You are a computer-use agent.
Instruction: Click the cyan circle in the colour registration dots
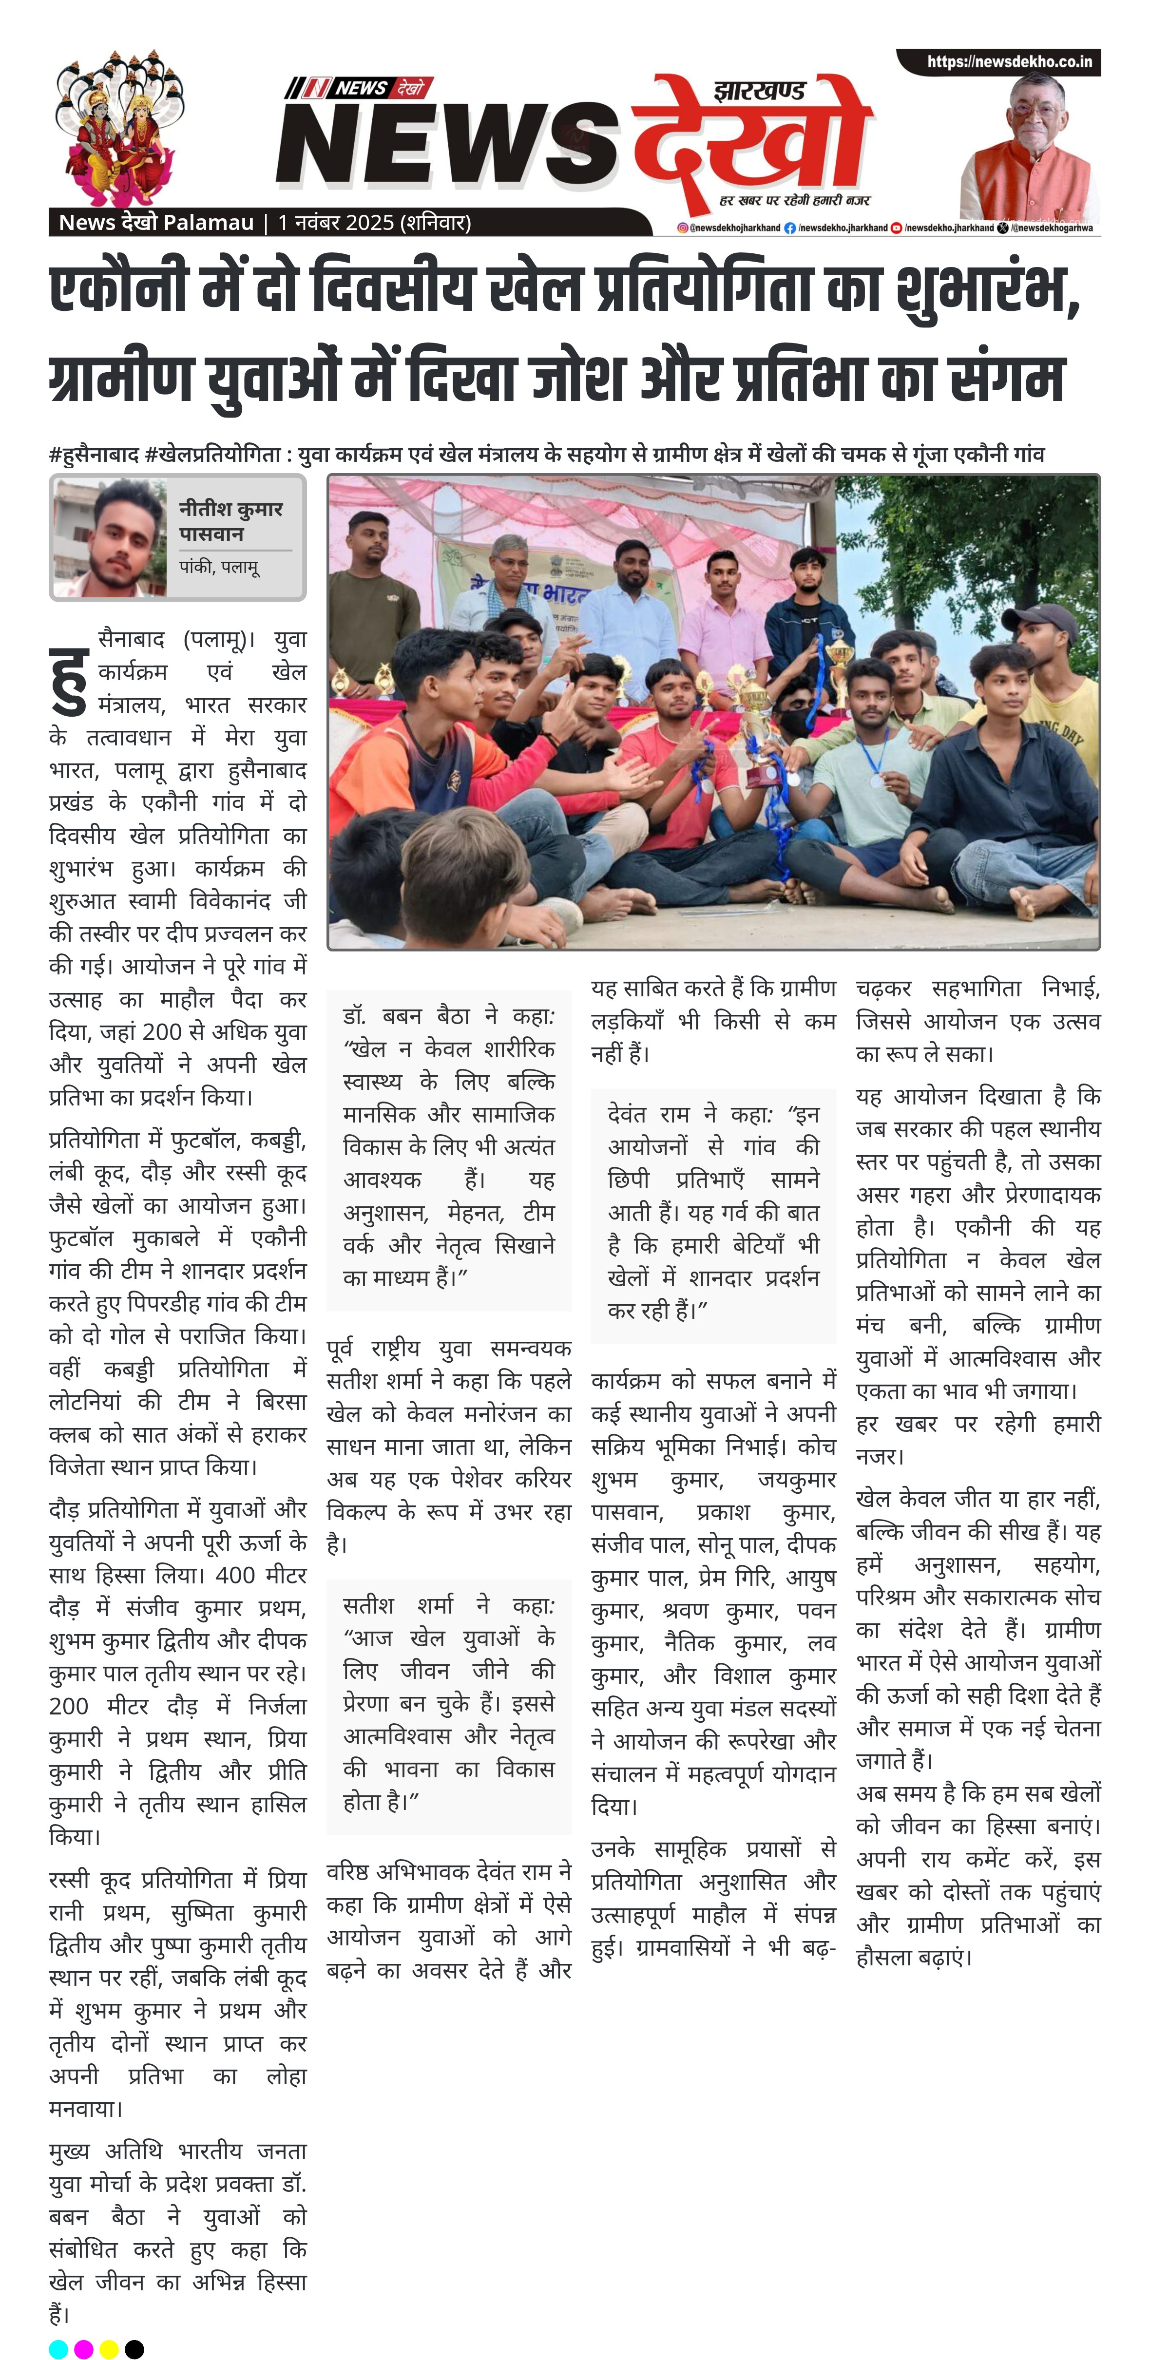pos(57,2348)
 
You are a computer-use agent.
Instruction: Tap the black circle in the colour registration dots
pos(134,2348)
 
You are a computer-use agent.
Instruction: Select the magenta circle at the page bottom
pos(83,2348)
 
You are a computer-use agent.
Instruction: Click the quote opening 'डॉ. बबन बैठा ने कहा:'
pos(448,1016)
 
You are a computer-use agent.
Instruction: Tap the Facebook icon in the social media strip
pos(789,228)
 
